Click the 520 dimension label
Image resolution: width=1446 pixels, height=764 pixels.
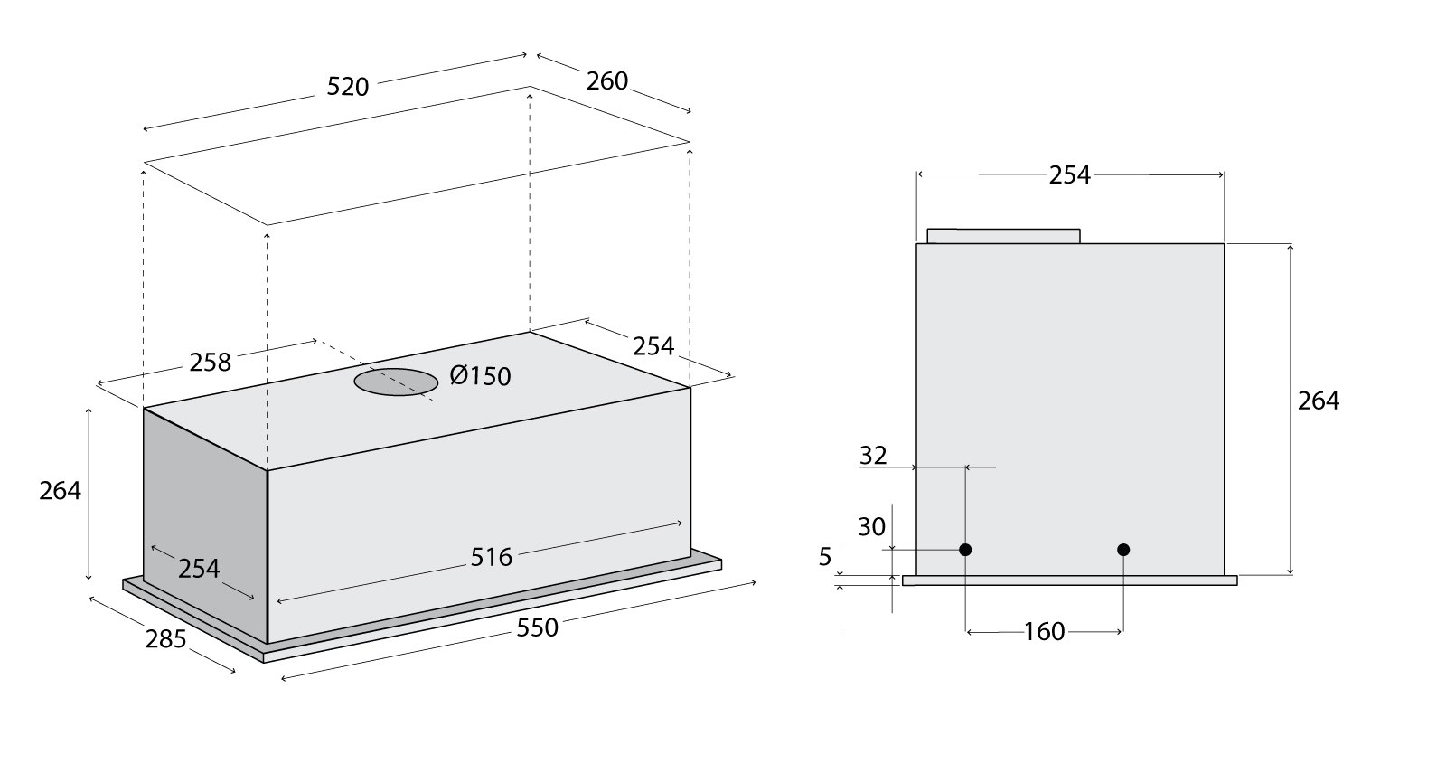(x=347, y=87)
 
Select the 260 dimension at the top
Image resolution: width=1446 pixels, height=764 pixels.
(x=606, y=81)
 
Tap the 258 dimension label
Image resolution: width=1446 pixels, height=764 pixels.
(x=210, y=363)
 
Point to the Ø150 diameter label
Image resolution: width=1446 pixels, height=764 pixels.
(x=480, y=375)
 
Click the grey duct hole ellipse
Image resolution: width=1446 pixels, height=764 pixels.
(x=397, y=382)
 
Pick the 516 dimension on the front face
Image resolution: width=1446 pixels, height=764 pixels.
(x=492, y=557)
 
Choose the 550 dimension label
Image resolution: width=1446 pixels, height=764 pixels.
(x=537, y=627)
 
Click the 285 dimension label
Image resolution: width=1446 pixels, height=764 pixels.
(x=165, y=638)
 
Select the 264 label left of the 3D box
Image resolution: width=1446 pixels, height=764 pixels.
(x=60, y=491)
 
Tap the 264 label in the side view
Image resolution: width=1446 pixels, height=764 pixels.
(x=1319, y=401)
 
